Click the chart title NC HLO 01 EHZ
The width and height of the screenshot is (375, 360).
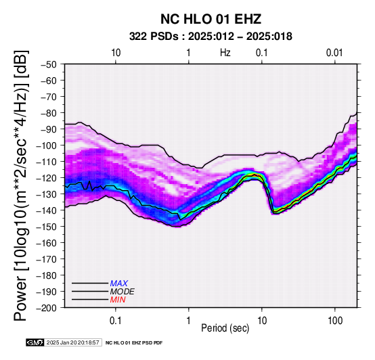[x=211, y=19]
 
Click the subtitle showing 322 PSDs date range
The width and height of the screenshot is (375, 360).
[x=211, y=37]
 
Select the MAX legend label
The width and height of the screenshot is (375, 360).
[x=119, y=284]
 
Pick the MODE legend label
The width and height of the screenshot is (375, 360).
[x=123, y=292]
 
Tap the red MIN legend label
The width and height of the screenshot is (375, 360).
[x=118, y=300]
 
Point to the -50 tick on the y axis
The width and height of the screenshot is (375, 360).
[x=48, y=64]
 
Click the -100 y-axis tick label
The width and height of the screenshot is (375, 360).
[x=46, y=145]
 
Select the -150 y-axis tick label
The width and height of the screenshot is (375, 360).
[x=46, y=227]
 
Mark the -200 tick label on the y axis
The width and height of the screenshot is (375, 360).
[x=46, y=308]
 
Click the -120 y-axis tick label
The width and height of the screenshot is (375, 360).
[x=46, y=178]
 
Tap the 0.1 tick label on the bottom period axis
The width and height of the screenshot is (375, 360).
[x=116, y=321]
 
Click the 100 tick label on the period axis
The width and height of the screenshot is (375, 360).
[x=335, y=321]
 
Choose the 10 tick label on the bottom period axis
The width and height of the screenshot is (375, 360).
[x=262, y=321]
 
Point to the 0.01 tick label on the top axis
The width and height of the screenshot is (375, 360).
[x=334, y=53]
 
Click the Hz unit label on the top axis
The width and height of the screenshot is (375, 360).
[x=225, y=53]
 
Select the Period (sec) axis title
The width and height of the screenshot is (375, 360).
[x=225, y=328]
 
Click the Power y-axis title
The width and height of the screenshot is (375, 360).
[x=21, y=185]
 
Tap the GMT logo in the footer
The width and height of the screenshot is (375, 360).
[x=35, y=342]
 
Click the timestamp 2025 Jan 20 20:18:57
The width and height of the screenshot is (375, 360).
[x=72, y=342]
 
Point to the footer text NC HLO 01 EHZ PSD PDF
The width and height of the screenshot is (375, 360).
[x=134, y=343]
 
